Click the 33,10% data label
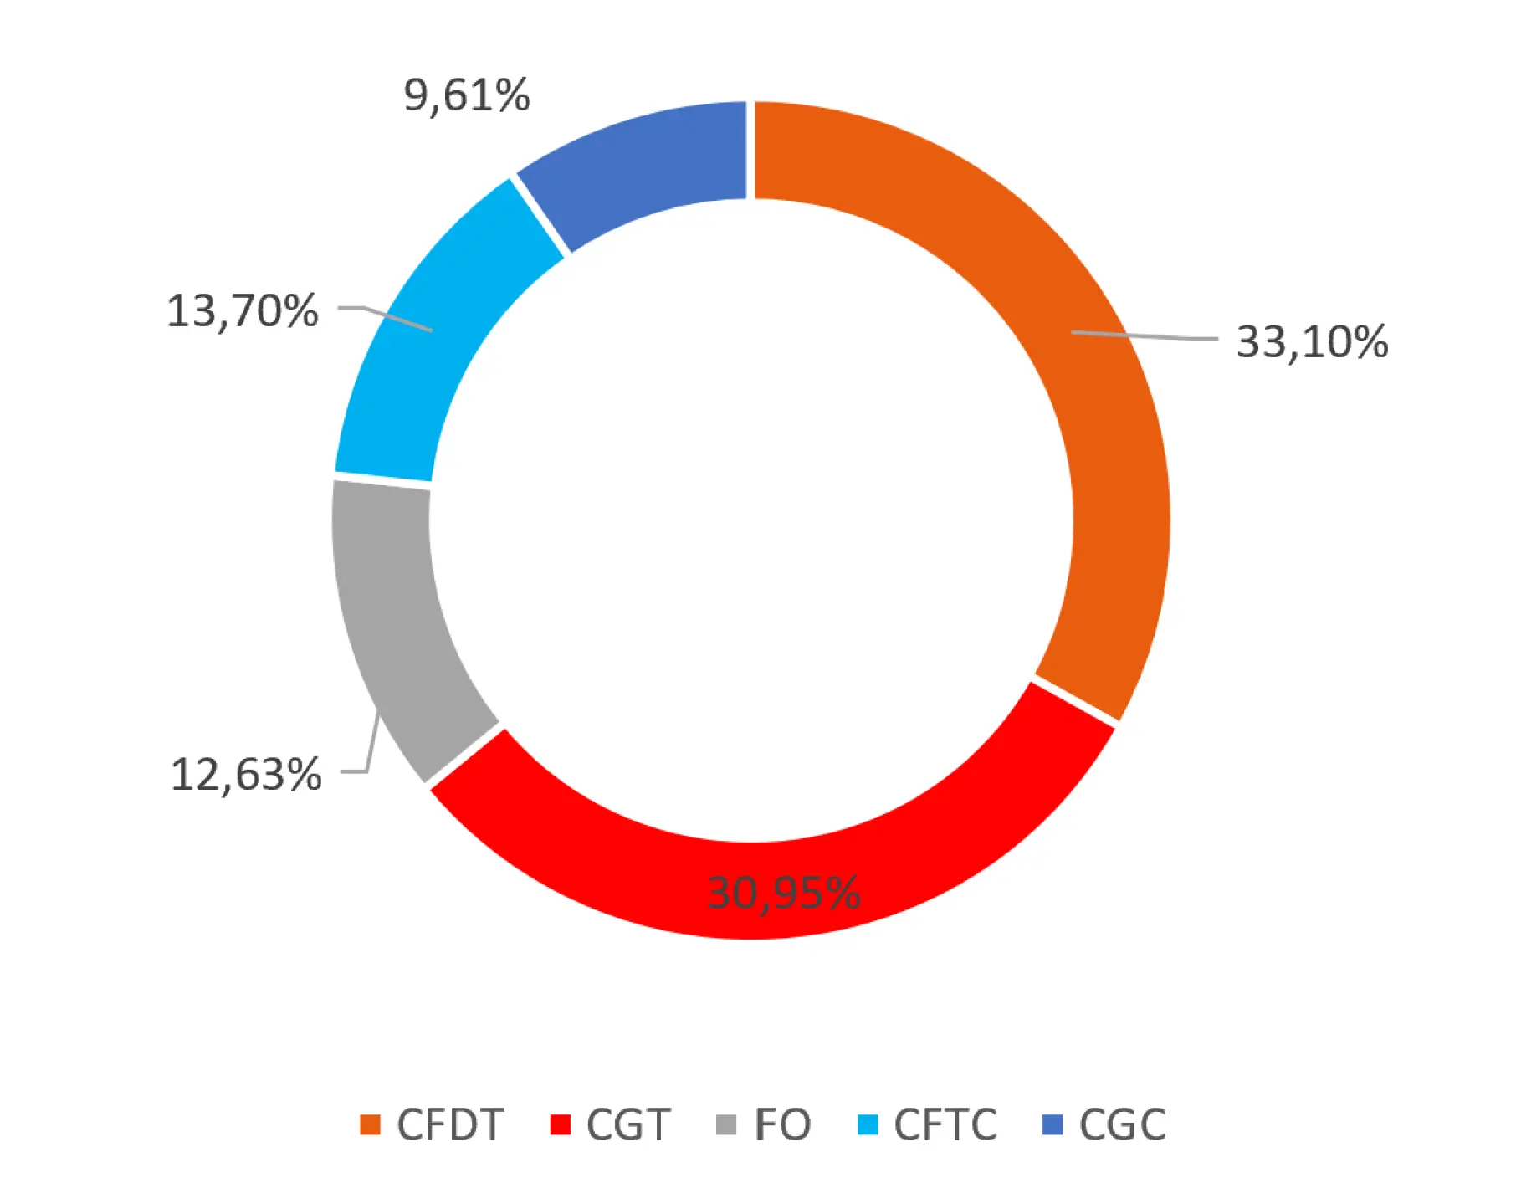(1312, 342)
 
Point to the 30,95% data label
(783, 892)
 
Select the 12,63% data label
(246, 774)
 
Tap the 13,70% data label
(243, 310)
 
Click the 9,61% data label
(467, 95)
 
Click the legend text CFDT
(450, 1124)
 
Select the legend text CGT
(628, 1124)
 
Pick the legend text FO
(782, 1124)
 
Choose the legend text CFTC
(945, 1124)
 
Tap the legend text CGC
(1122, 1124)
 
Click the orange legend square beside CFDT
(370, 1124)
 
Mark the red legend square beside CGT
(560, 1124)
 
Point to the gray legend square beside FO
(726, 1124)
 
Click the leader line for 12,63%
(371, 745)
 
